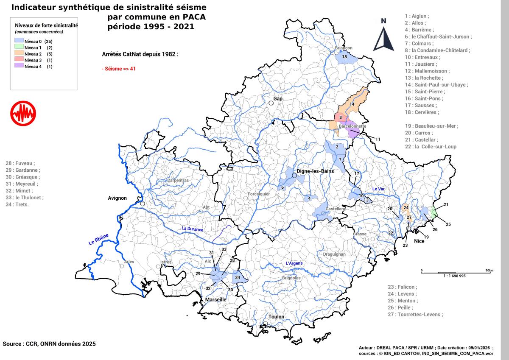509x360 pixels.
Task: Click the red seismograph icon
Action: [x=23, y=114]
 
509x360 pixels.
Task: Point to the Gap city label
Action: [x=278, y=98]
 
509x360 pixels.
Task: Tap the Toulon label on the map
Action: [x=276, y=316]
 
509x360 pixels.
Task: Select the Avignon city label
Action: [x=117, y=198]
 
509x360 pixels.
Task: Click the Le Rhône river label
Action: [x=98, y=240]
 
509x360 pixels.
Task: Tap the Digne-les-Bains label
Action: [x=315, y=171]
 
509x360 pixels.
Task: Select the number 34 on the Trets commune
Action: [x=238, y=278]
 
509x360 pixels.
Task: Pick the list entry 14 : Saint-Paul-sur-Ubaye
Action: [x=436, y=85]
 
